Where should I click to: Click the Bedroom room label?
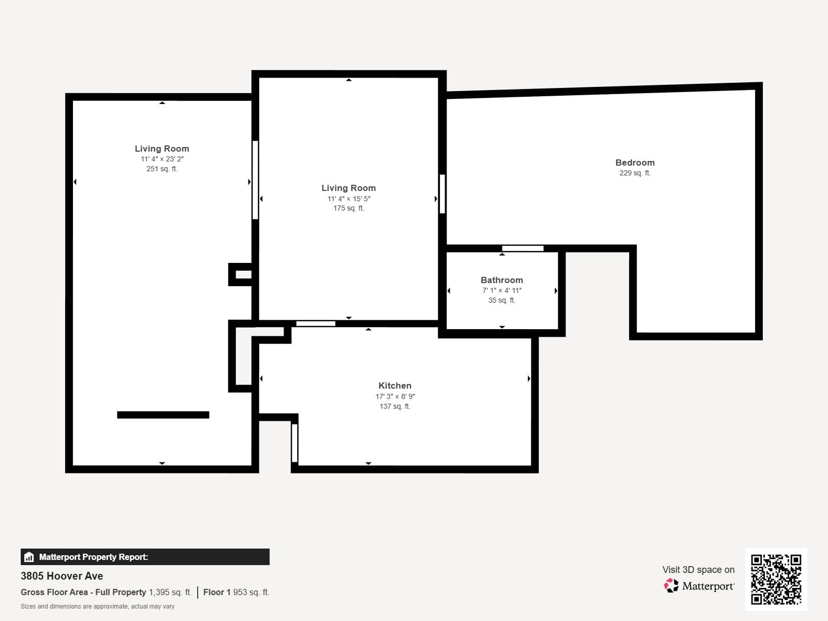tap(635, 162)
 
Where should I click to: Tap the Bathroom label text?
tap(501, 280)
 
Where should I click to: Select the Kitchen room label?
tap(395, 386)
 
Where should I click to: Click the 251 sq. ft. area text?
tap(162, 169)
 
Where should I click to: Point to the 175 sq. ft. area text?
tap(348, 208)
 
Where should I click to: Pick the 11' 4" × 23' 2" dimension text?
tap(162, 159)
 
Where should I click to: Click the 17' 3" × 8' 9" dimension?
tap(395, 396)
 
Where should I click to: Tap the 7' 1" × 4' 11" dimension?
tap(501, 290)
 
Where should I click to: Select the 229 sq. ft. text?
tap(635, 173)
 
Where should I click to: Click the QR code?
tap(776, 579)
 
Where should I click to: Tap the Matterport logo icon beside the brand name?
tap(671, 586)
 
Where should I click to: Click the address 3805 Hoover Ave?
tap(62, 576)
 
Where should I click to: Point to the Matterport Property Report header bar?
tap(145, 557)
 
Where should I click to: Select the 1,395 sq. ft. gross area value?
tap(170, 592)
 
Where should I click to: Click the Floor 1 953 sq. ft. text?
tap(236, 592)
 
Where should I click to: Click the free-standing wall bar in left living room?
tap(163, 415)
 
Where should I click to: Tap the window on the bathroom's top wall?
tap(523, 248)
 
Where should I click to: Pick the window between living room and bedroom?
tap(442, 194)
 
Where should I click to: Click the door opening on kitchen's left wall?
tap(294, 443)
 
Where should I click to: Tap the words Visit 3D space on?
tap(698, 569)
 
